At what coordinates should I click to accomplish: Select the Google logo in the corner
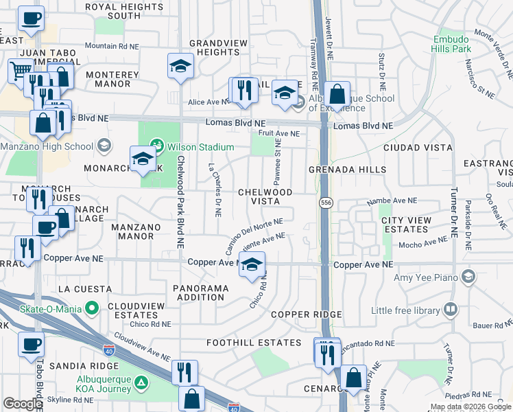point(23,404)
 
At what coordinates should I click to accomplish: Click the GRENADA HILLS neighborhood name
point(347,170)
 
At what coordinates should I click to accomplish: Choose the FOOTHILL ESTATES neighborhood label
point(254,342)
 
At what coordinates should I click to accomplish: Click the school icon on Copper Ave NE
point(252,264)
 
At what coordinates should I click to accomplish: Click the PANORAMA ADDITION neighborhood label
point(200,293)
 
